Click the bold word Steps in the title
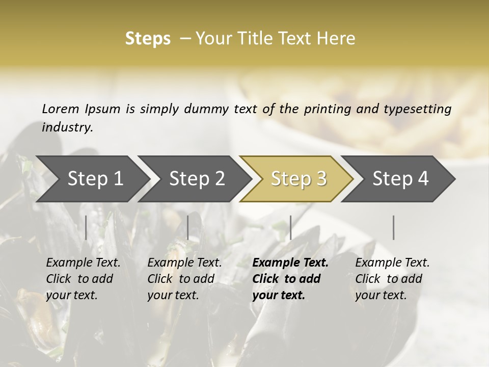pyautogui.click(x=148, y=39)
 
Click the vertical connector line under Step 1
pyautogui.click(x=86, y=227)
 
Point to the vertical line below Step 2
pyautogui.click(x=188, y=227)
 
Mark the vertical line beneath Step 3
pyautogui.click(x=290, y=227)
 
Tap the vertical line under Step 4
pyautogui.click(x=394, y=227)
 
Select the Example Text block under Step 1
pyautogui.click(x=83, y=279)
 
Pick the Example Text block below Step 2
pyautogui.click(x=184, y=279)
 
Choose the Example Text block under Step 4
pyautogui.click(x=392, y=279)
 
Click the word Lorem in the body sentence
pyautogui.click(x=61, y=109)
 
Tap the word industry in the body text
pyautogui.click(x=67, y=127)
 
